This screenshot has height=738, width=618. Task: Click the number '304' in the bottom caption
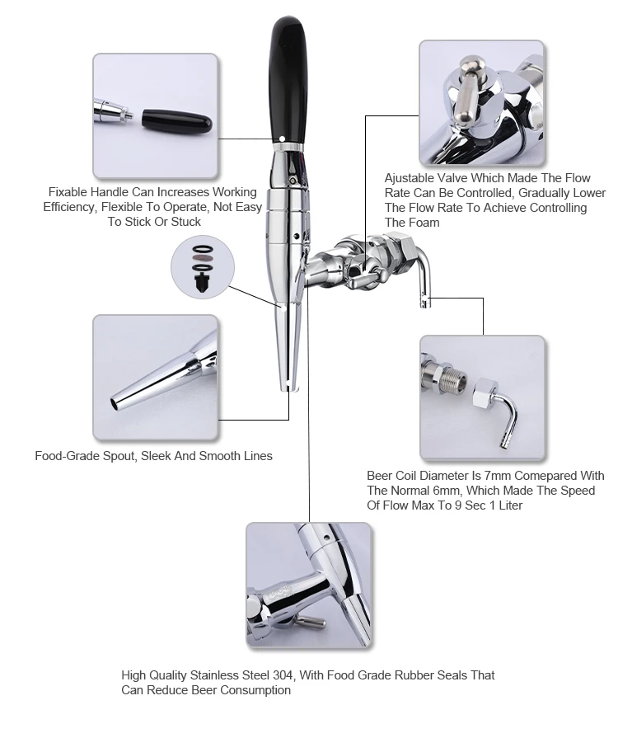click(x=279, y=675)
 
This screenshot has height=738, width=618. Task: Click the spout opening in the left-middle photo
click(x=115, y=404)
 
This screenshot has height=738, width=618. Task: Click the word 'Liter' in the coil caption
click(x=506, y=505)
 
